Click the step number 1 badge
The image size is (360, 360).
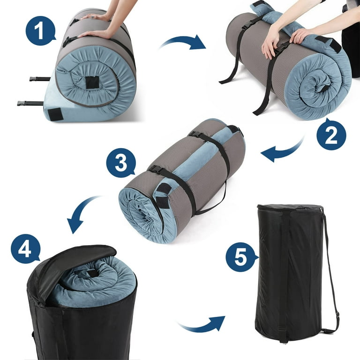pos(40,30)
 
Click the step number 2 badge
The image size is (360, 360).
pos(331,135)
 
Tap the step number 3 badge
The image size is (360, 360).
pos(121,163)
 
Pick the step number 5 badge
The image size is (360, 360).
pos(241,257)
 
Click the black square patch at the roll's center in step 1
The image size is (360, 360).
pos(92,82)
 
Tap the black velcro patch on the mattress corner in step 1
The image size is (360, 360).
pos(56,114)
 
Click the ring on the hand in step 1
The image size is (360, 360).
pos(92,17)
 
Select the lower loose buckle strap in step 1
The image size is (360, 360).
pos(30,103)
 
